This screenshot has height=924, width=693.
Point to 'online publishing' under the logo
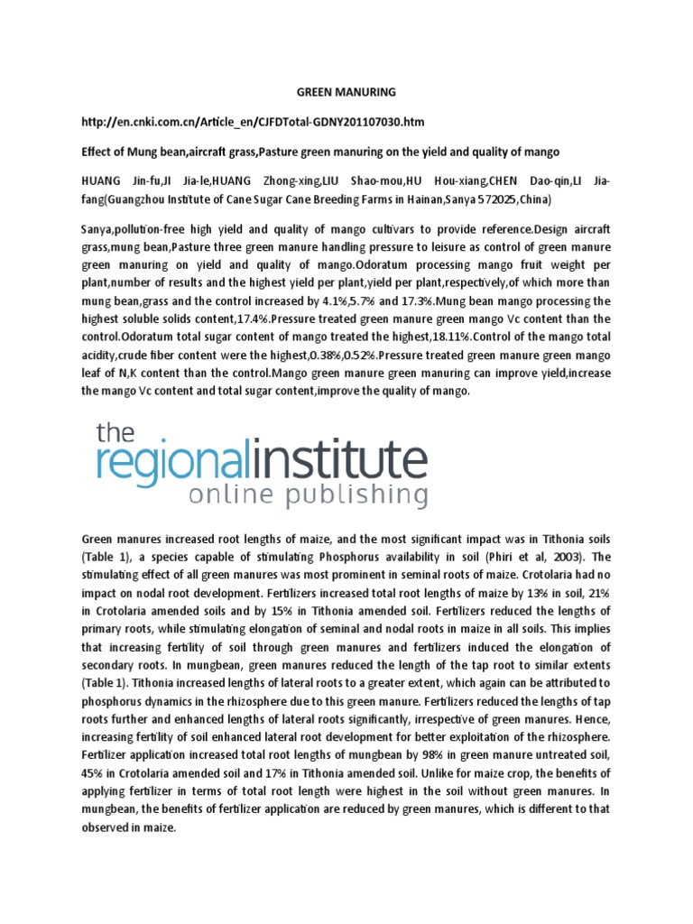coord(308,495)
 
